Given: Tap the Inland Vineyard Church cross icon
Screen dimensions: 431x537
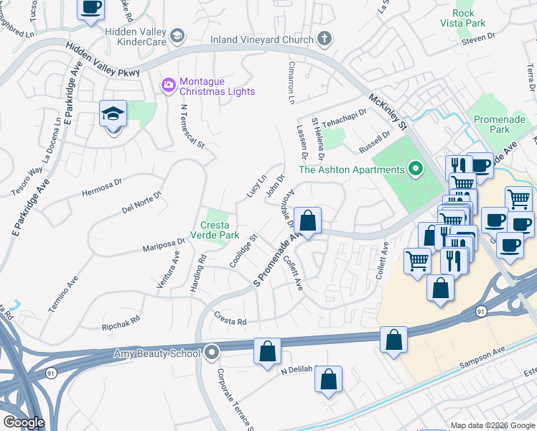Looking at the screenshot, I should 324,40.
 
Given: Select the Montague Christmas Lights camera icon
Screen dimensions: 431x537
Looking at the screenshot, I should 169,85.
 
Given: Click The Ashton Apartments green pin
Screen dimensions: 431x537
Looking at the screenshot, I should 415,170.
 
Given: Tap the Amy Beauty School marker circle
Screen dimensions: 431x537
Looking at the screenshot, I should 212,352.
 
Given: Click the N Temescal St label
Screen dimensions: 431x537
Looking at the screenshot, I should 193,126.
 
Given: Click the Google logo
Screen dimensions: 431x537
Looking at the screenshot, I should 24,422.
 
